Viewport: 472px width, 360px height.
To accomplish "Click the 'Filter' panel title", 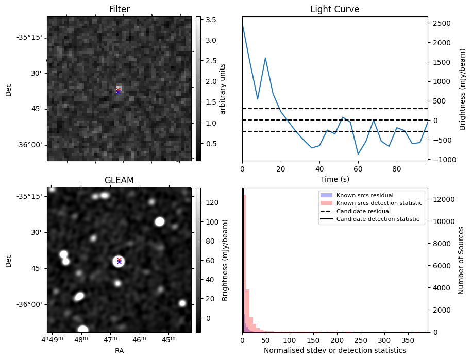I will [x=119, y=9].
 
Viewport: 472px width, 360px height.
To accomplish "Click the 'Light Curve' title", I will [x=334, y=9].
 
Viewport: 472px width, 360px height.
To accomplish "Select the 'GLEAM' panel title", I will [x=119, y=180].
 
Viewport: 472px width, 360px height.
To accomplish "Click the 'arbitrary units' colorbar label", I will [x=223, y=89].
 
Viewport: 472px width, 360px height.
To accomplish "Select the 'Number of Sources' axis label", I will [x=461, y=260].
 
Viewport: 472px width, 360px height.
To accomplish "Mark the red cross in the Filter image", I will [x=119, y=90].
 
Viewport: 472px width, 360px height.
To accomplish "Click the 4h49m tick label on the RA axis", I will [x=54, y=340].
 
